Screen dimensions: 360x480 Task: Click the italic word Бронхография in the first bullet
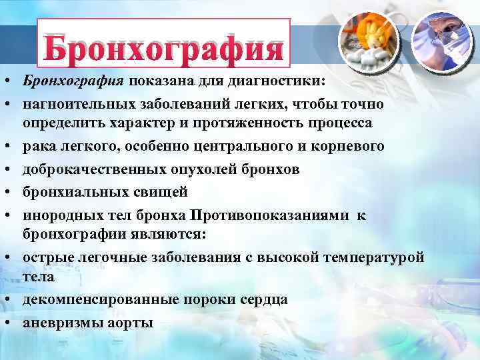coord(73,81)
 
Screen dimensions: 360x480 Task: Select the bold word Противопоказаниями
coord(270,215)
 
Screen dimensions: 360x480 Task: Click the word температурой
coord(373,257)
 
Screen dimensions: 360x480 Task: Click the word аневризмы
coord(59,323)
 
